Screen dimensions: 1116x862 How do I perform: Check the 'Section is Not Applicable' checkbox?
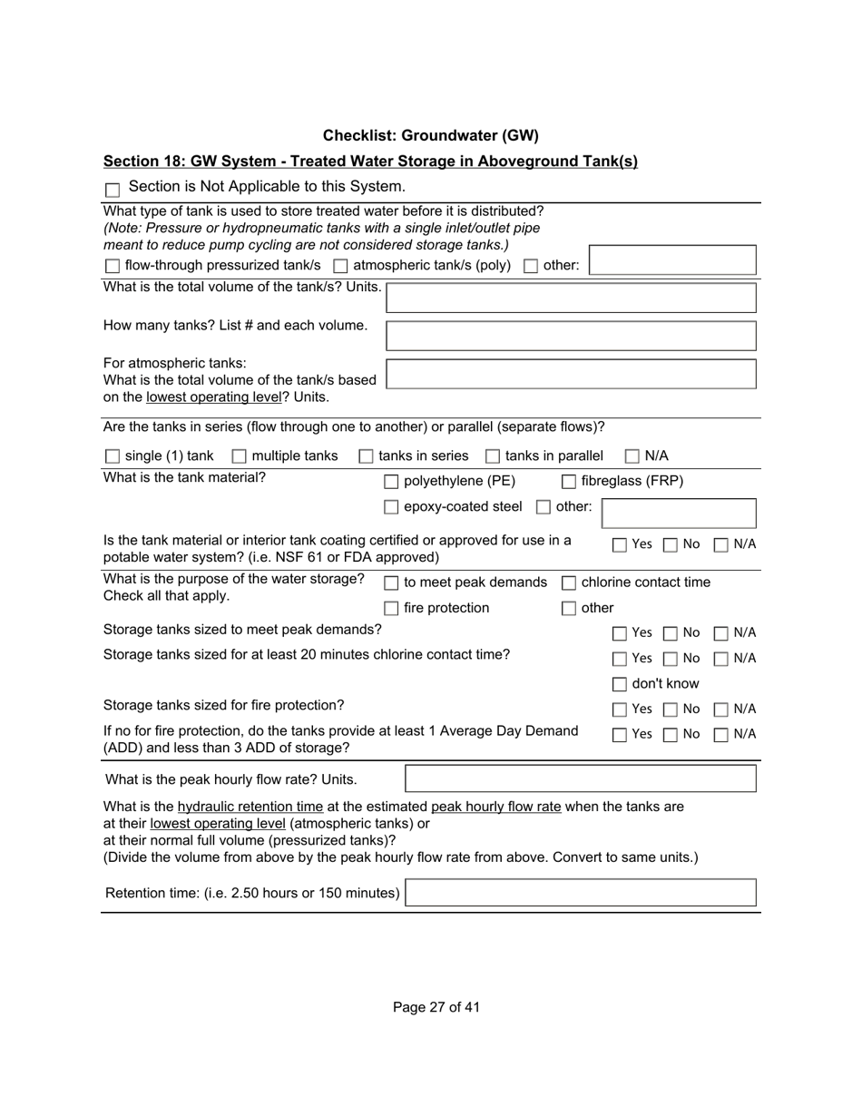(113, 190)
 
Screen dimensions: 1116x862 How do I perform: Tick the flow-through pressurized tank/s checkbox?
(113, 267)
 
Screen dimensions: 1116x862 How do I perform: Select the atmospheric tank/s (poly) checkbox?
(340, 267)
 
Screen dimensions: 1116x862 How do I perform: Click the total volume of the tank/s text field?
(571, 298)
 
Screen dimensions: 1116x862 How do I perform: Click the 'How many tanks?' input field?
(571, 336)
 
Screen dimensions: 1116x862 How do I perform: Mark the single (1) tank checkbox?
(113, 456)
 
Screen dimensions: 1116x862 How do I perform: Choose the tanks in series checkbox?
(367, 456)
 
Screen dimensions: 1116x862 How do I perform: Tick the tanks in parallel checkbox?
(493, 456)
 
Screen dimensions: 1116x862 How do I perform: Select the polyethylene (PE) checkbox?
(391, 482)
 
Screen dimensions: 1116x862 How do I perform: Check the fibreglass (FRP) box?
(569, 482)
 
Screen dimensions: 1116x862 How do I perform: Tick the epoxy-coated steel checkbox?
(391, 507)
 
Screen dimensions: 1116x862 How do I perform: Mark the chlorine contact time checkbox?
(569, 583)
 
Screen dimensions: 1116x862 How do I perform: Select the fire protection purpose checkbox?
(391, 609)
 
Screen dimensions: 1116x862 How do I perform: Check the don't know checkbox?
(620, 684)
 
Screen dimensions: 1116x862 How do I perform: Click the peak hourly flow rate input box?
(580, 778)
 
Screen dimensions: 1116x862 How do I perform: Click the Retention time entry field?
(580, 893)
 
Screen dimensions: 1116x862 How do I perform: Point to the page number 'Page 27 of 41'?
(436, 1007)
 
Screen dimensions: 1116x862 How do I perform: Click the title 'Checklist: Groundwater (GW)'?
(430, 136)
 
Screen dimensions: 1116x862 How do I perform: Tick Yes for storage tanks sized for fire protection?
(620, 710)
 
